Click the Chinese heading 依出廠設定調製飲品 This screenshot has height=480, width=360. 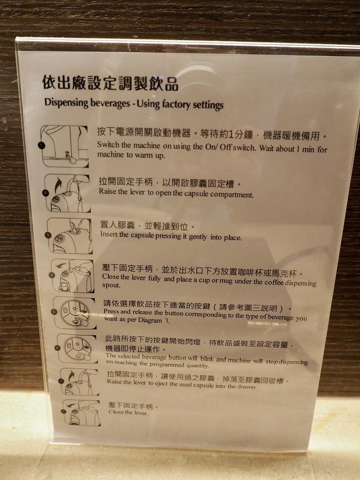tap(110, 83)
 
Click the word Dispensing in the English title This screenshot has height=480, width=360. tap(66, 102)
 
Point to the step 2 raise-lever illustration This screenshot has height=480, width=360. tap(67, 193)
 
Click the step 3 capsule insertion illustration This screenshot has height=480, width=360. tap(70, 236)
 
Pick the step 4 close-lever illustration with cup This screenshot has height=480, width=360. tap(73, 275)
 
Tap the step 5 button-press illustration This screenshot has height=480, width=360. tap(75, 312)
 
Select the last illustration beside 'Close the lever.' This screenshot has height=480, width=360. tap(81, 413)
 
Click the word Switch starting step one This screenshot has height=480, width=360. tap(108, 144)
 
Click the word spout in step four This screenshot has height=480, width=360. tap(111, 285)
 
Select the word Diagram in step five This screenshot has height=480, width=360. tap(150, 320)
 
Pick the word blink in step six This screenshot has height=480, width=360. tap(207, 359)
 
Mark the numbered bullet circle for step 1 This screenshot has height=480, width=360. tap(42, 145)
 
